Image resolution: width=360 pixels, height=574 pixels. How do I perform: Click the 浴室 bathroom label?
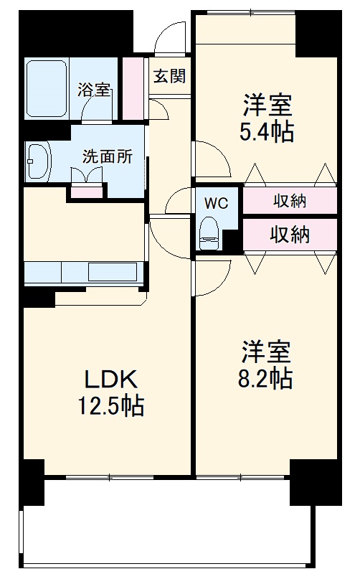94,90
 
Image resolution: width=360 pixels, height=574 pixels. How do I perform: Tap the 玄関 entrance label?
169,75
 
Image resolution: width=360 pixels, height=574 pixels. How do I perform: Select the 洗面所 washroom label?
108,157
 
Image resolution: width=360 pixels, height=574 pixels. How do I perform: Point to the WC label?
215,203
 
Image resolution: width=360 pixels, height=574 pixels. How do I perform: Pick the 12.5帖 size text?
110,406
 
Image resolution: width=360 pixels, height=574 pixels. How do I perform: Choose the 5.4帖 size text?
267,131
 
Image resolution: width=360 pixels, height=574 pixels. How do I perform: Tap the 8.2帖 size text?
265,377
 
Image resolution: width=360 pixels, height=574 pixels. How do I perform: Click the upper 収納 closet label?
290,202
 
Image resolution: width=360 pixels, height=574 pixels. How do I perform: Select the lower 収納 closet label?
290,234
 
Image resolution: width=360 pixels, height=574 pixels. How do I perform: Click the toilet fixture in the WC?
209,232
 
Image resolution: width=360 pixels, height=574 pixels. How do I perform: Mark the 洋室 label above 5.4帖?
267,106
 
